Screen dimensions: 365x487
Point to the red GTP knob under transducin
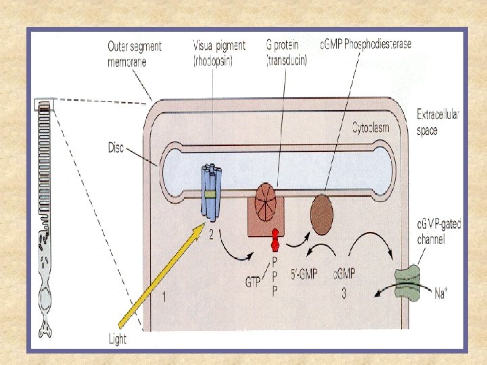pos(275,239)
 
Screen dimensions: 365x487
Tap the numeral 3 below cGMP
pos(345,293)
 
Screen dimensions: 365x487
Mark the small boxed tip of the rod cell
pos(43,105)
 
